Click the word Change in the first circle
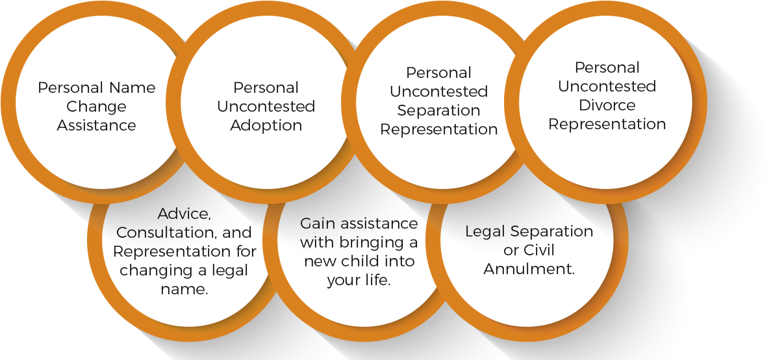click(x=96, y=107)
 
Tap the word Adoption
click(x=266, y=126)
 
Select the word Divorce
click(x=607, y=105)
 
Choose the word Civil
click(x=540, y=250)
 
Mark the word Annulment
click(x=529, y=269)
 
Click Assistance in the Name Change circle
click(x=96, y=125)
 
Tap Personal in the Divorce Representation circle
click(x=607, y=68)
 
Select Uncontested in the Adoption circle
click(x=266, y=107)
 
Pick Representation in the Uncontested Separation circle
click(x=439, y=130)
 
